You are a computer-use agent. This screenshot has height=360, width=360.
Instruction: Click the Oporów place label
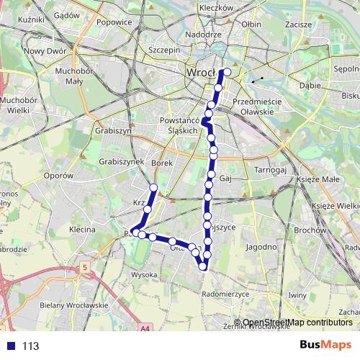pyautogui.click(x=59, y=175)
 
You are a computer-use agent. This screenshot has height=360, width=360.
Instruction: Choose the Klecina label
pyautogui.click(x=82, y=230)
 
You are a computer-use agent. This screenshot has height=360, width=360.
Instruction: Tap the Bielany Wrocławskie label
pyautogui.click(x=75, y=305)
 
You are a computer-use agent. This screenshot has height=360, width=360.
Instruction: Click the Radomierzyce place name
pyautogui.click(x=225, y=293)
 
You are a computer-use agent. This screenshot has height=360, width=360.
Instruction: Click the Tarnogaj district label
pyautogui.click(x=271, y=170)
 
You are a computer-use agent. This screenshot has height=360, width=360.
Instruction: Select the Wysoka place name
pyautogui.click(x=144, y=274)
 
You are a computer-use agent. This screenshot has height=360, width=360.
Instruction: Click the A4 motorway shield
pyautogui.click(x=146, y=330)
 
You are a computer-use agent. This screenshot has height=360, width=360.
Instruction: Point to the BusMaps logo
pyautogui.click(x=325, y=346)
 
